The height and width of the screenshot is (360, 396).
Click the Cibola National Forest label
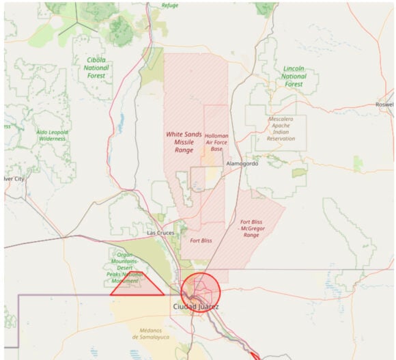[96, 68]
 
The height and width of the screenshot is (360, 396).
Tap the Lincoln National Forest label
[294, 76]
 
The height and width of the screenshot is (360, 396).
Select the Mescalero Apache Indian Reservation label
[281, 128]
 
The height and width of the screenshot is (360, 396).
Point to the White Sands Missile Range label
[184, 141]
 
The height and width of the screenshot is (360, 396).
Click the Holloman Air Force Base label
[216, 142]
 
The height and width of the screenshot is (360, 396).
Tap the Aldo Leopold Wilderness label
[51, 134]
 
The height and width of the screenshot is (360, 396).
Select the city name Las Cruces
[160, 233]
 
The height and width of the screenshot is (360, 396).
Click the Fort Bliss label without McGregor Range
[201, 241]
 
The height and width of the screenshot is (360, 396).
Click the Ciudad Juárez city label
[195, 307]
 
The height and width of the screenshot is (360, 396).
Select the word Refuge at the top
[169, 5]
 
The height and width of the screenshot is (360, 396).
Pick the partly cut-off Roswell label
[384, 105]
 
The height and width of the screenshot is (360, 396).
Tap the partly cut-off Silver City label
[13, 178]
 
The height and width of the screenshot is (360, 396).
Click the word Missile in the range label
[184, 141]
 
